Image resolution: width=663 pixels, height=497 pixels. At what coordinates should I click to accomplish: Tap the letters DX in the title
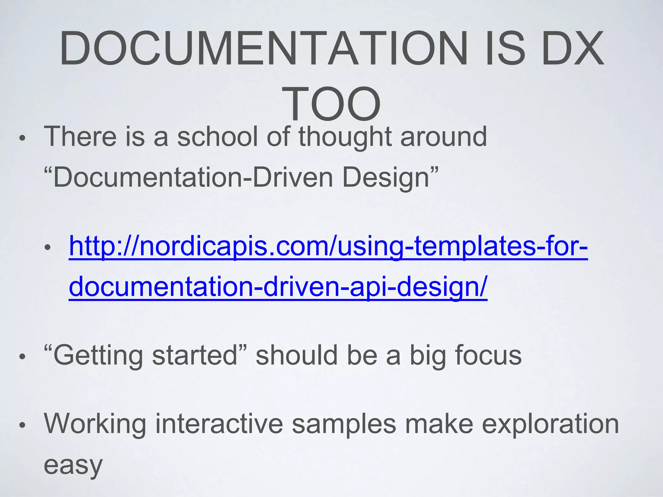coord(572,49)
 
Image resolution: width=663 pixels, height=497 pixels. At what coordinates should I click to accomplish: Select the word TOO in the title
coord(331,104)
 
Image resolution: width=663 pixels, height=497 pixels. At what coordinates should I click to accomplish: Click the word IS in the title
coord(501,49)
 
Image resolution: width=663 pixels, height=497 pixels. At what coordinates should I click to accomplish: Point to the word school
coord(218,137)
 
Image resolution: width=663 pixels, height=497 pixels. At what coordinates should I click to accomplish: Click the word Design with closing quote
coord(390,178)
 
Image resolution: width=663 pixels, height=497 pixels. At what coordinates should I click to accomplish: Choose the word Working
coord(95,424)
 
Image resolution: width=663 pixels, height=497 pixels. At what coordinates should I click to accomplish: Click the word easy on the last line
coord(73,465)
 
